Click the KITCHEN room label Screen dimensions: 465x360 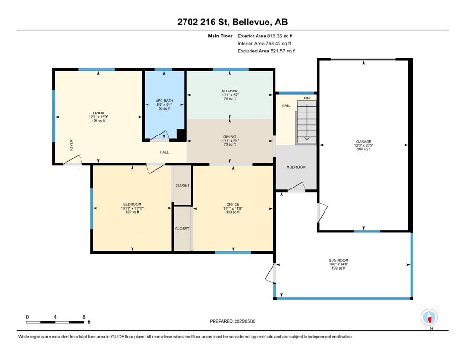pos(229,91)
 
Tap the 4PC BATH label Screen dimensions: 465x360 pos(164,101)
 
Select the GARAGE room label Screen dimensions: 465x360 pos(363,142)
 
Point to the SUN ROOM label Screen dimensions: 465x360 pos(339,260)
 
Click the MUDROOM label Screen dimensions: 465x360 pos(296,167)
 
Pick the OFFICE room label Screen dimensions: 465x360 pos(233,204)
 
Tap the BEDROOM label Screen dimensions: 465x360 pos(132,204)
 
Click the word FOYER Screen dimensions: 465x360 pos(71,145)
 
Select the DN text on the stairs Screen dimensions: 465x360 pos(307,98)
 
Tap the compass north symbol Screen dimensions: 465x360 pos(429,317)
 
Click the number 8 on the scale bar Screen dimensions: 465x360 pos(84,317)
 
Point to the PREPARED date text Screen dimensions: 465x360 pos(232,321)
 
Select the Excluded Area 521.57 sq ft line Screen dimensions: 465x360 pos(266,51)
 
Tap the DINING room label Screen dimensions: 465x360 pos(229,137)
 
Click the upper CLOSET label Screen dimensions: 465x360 pos(182,185)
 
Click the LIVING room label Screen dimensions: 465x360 pos(98,113)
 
